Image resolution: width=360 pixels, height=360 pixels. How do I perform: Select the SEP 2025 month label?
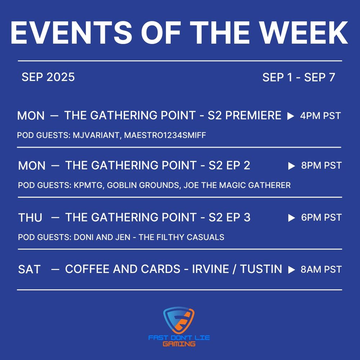pos(48,77)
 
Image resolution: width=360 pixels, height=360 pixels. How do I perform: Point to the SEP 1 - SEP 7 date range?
pos(299,77)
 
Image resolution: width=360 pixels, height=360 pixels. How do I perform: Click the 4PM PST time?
pos(320,116)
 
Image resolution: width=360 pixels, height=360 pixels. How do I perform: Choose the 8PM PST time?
pos(321,166)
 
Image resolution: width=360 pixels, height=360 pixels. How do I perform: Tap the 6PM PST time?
pos(321,217)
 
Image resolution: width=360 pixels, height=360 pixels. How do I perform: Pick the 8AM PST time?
pos(321,269)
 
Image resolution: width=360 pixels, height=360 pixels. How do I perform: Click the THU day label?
pos(30,218)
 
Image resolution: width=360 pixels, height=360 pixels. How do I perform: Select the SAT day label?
pos(30,270)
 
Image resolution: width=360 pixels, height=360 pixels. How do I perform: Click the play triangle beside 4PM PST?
pos(291,116)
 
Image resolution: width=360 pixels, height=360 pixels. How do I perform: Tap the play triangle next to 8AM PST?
pos(292,270)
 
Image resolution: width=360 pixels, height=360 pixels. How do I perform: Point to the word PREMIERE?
pos(253,115)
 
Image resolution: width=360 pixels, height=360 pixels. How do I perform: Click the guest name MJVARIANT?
pos(97,135)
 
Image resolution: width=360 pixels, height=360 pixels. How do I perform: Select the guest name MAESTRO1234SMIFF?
pos(165,135)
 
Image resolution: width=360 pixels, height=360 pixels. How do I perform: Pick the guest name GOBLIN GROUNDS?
pos(143,185)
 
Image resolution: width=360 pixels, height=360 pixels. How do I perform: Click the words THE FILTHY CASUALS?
pos(181,237)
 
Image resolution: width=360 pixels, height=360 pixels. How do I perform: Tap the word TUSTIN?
pos(261,269)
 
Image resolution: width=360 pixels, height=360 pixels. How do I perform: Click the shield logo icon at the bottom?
pos(179,320)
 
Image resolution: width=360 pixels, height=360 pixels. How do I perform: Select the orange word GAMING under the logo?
pos(179,344)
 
